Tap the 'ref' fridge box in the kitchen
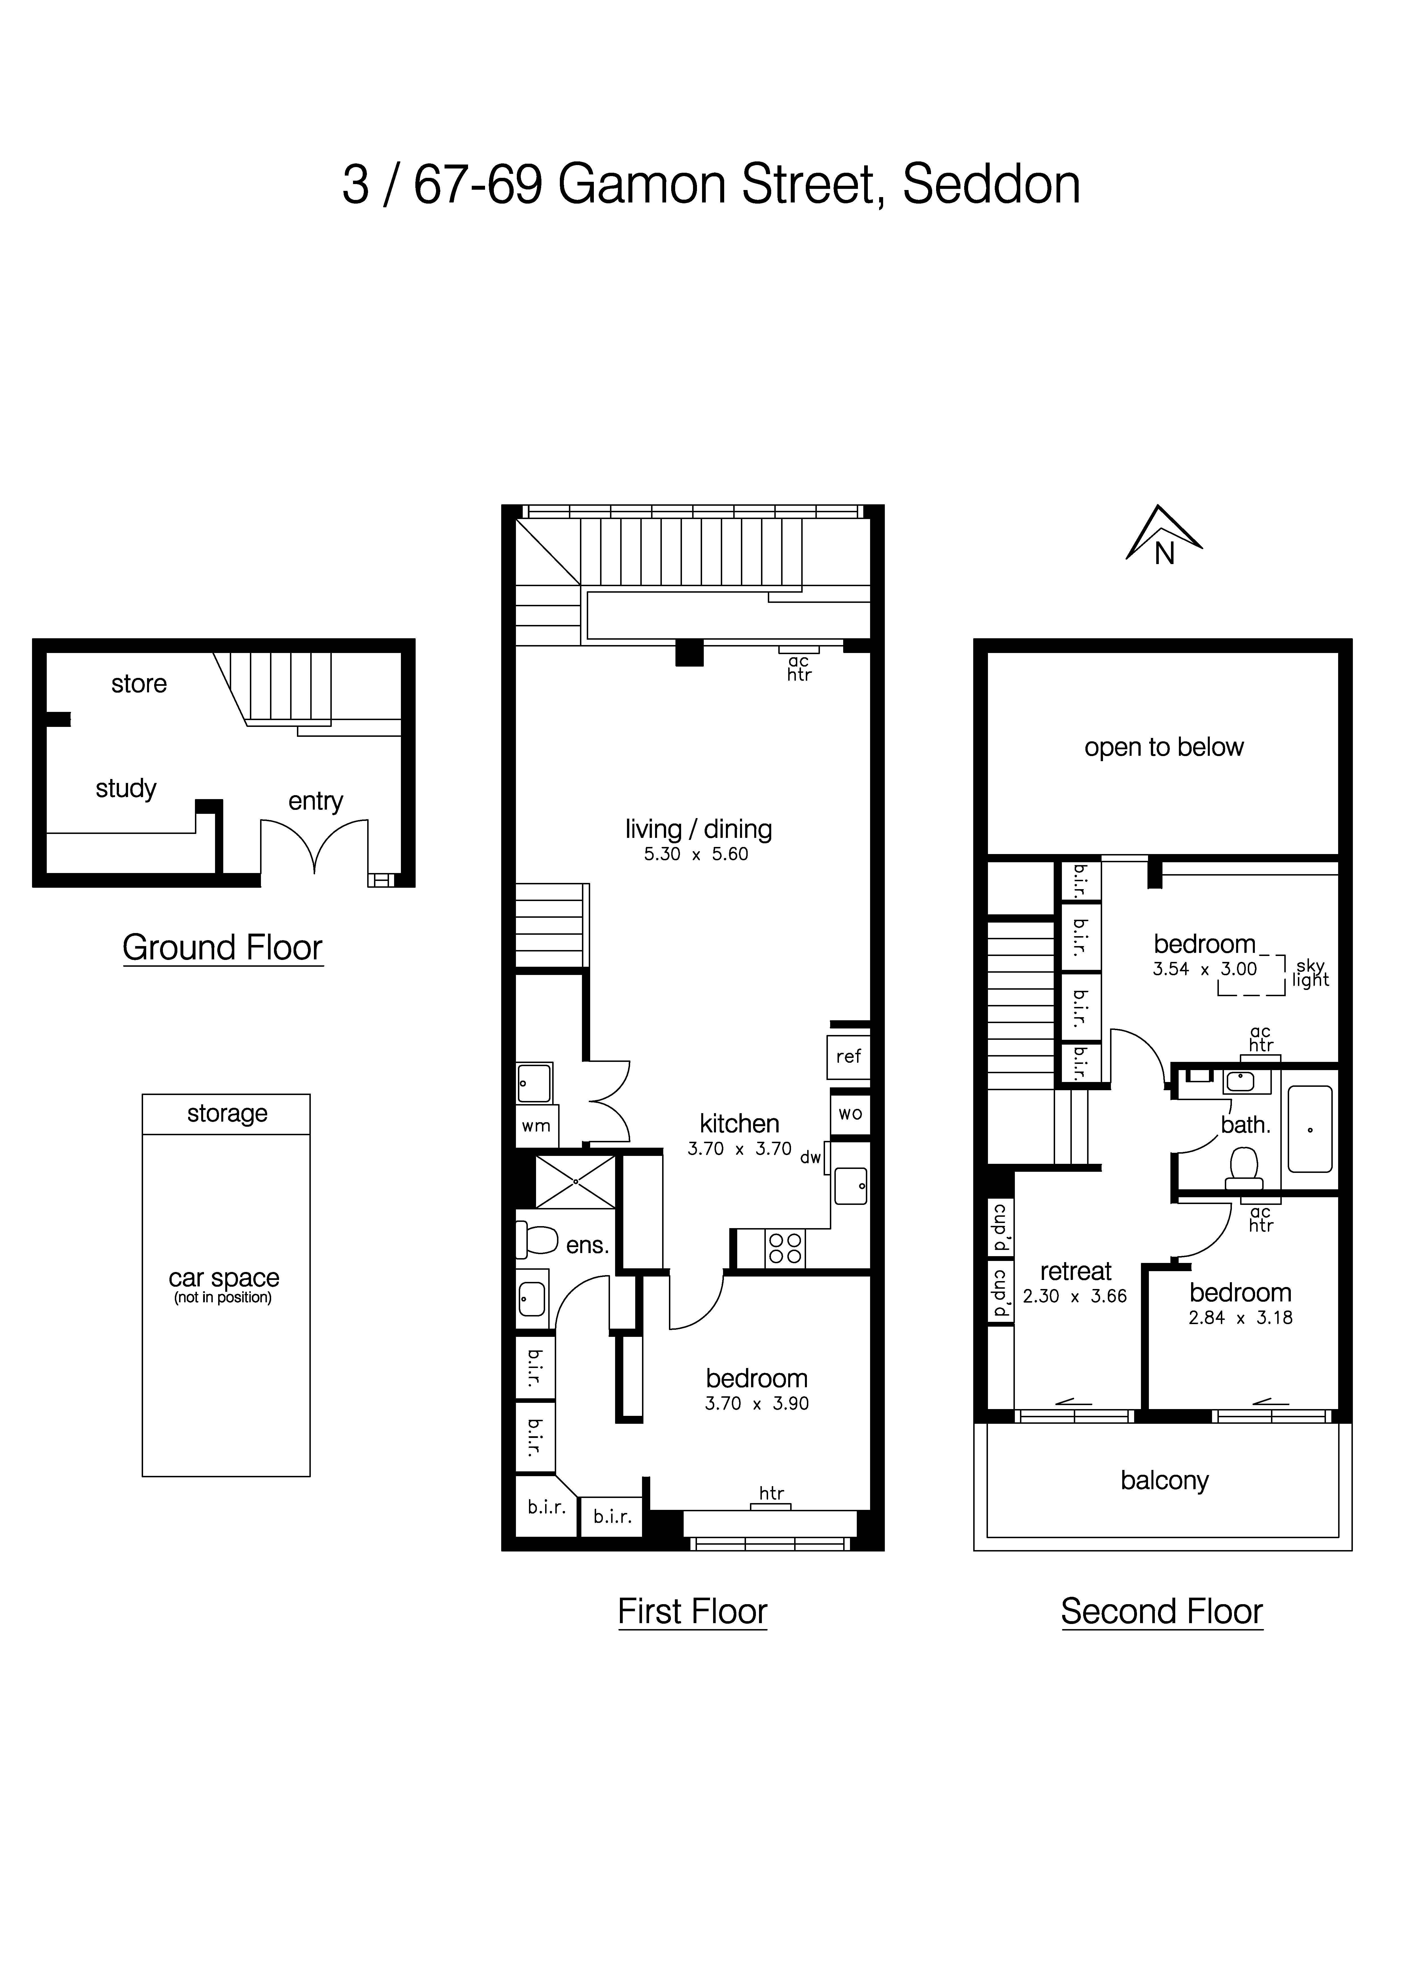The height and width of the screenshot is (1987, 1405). coord(848,1057)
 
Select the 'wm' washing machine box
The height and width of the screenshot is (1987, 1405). coord(536,1126)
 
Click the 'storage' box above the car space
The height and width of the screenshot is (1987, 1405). coord(227,1114)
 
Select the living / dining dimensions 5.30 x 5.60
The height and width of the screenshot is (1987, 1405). coord(696,854)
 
